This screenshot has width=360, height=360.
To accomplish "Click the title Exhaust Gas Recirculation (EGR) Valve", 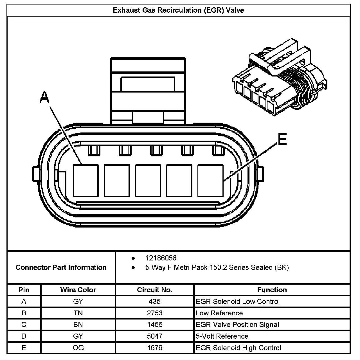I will pyautogui.click(x=178, y=10).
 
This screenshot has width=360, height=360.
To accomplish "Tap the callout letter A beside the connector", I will pyautogui.click(x=44, y=97).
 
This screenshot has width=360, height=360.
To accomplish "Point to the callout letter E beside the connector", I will pyautogui.click(x=282, y=139).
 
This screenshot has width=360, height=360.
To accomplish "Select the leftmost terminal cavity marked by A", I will pyautogui.click(x=86, y=181).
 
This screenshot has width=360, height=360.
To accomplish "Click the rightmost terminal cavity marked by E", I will pyautogui.click(x=210, y=181).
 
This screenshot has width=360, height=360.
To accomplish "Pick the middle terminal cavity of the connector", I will pyautogui.click(x=148, y=181).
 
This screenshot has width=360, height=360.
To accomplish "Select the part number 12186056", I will pyautogui.click(x=161, y=258).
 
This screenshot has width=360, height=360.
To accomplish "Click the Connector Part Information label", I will pyautogui.click(x=61, y=267).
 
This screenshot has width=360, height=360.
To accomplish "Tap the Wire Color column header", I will pyautogui.click(x=78, y=290).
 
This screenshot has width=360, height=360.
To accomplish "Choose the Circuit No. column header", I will pyautogui.click(x=155, y=290).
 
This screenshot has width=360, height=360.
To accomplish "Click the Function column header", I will pyautogui.click(x=272, y=290).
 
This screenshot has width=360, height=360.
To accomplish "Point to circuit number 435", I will pyautogui.click(x=155, y=301).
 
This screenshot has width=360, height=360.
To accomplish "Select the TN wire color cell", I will pyautogui.click(x=78, y=313).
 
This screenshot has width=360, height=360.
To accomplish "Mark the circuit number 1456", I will pyautogui.click(x=155, y=325).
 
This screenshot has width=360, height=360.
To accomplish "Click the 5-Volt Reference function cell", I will pyautogui.click(x=222, y=336).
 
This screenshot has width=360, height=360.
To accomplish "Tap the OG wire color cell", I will pyautogui.click(x=78, y=348).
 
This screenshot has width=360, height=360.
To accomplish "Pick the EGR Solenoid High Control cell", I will pyautogui.click(x=238, y=348).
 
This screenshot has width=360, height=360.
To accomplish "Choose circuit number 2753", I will pyautogui.click(x=155, y=313).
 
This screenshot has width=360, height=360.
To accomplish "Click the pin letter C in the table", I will pyautogui.click(x=24, y=325).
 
